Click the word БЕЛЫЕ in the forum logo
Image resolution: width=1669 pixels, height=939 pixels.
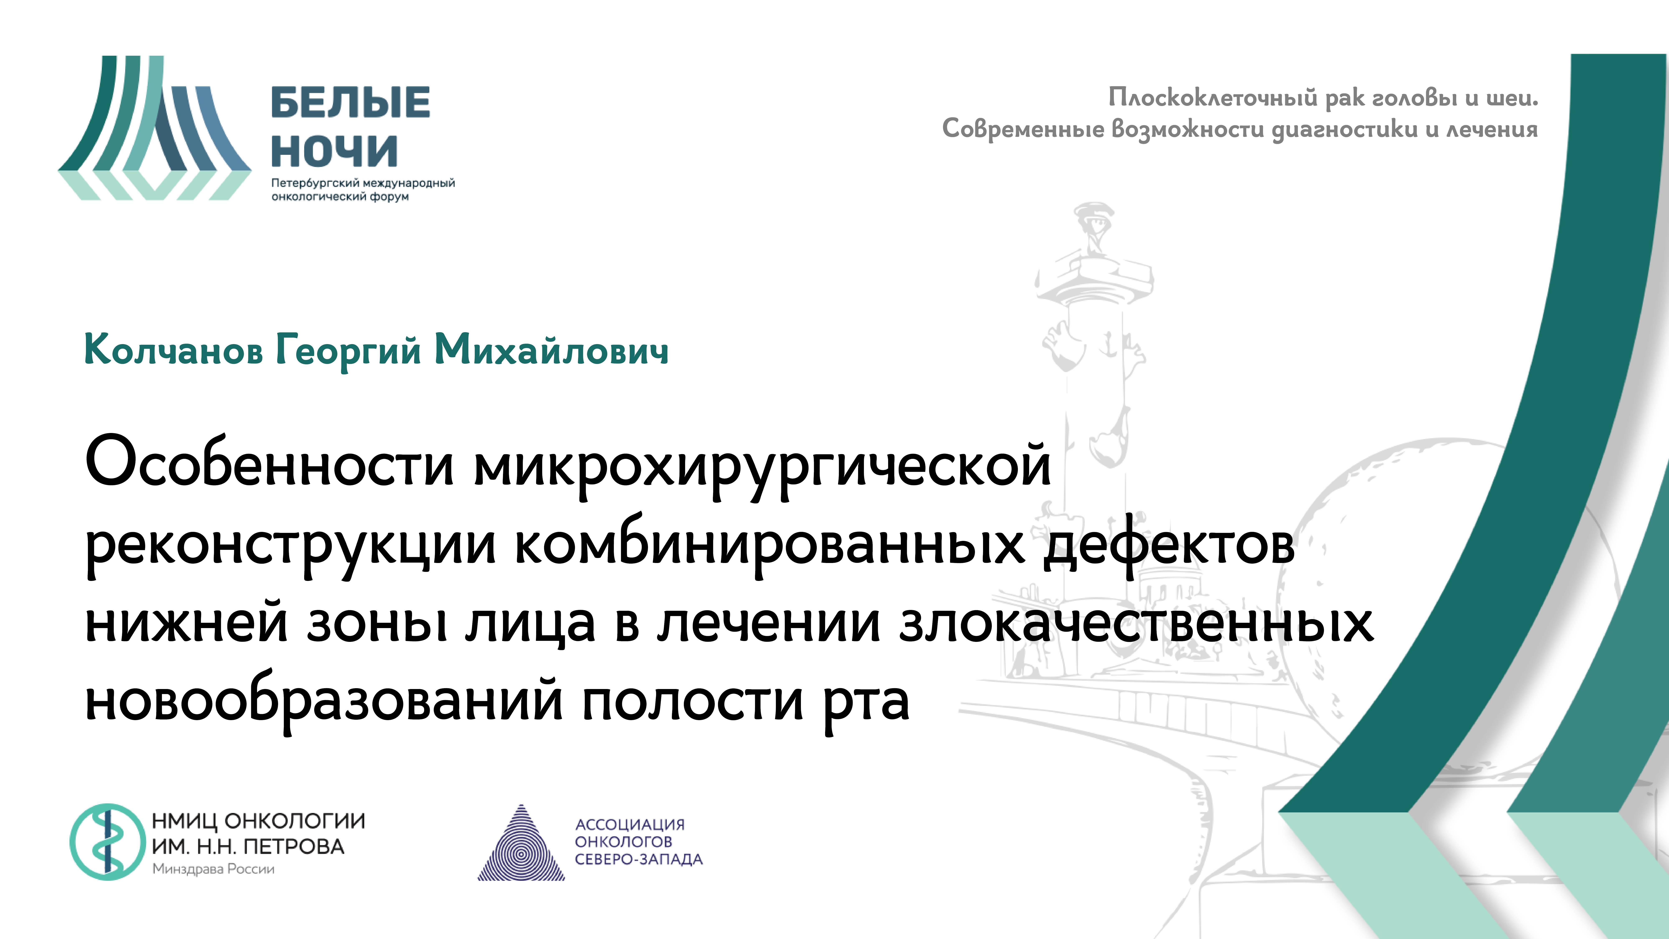(350, 102)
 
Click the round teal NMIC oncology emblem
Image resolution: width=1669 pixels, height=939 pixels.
(108, 842)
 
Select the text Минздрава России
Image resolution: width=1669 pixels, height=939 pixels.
(213, 869)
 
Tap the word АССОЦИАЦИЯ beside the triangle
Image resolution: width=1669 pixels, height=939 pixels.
(630, 824)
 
